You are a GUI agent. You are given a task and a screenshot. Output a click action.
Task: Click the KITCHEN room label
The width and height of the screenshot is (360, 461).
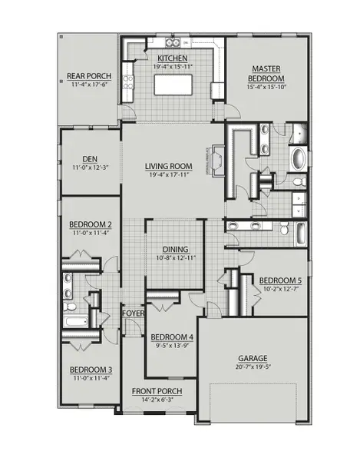[173, 58]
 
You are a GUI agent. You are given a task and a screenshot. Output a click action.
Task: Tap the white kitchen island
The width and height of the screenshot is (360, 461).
[174, 85]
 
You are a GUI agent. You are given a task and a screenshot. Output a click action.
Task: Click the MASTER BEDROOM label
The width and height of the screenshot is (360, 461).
[267, 75]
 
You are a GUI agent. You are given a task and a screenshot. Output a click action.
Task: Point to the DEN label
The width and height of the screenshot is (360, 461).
[91, 159]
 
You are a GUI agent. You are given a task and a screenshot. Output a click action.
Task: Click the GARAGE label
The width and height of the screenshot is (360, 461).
[252, 359]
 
